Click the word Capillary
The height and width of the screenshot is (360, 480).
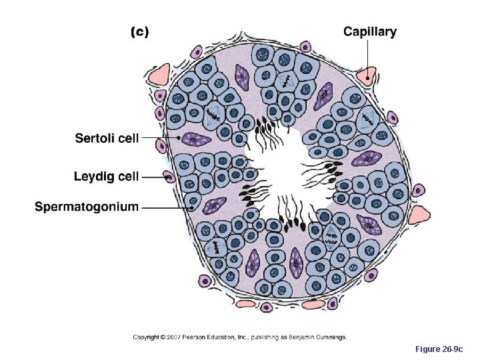(369, 31)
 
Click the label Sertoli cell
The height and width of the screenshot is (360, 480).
(107, 138)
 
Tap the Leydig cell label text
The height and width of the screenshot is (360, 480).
(106, 177)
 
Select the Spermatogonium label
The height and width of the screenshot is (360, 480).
(87, 206)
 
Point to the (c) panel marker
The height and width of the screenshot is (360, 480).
(138, 31)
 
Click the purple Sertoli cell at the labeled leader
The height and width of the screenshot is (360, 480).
(195, 139)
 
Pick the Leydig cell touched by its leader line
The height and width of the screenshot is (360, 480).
(170, 177)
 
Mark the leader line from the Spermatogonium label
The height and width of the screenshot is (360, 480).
(167, 207)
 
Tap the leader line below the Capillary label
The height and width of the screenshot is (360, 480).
(365, 56)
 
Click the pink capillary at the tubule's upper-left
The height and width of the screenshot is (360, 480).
(160, 75)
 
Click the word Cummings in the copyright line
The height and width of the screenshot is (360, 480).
(331, 337)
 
